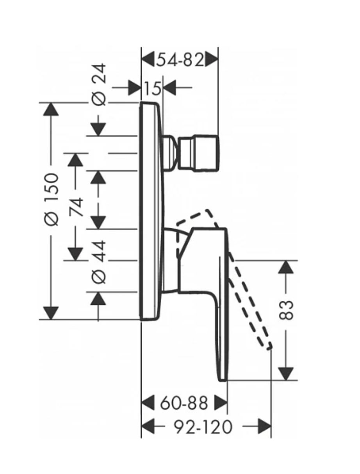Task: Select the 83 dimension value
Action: pyautogui.click(x=287, y=310)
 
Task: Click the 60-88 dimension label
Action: pyautogui.click(x=184, y=402)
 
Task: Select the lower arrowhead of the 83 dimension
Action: pyautogui.click(x=287, y=373)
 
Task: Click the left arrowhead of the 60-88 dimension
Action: pyautogui.click(x=148, y=402)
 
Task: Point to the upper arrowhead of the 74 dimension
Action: pyautogui.click(x=76, y=159)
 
